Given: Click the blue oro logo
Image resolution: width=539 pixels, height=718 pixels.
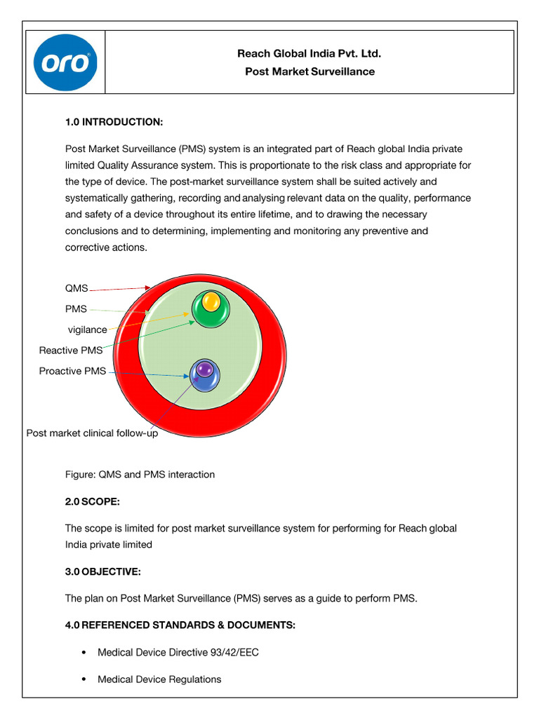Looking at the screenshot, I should tap(65, 62).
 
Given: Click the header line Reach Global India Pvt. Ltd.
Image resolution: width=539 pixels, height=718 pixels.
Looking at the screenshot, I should tap(310, 53).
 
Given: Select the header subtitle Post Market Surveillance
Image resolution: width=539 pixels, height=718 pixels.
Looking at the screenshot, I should tap(310, 72).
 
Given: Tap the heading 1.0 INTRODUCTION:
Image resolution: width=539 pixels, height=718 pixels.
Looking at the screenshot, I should tap(114, 123).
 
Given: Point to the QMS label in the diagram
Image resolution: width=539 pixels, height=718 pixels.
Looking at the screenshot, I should tap(76, 288).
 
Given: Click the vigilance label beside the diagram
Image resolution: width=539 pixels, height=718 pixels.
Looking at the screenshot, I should tap(88, 330).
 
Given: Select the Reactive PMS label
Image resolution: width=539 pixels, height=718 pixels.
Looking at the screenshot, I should tap(71, 350).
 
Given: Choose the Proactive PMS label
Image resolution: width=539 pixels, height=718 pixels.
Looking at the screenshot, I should tap(73, 371).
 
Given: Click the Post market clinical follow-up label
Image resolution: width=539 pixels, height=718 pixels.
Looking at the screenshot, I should tap(92, 433).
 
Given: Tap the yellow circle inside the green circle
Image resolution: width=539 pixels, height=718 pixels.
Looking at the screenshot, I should tap(211, 302).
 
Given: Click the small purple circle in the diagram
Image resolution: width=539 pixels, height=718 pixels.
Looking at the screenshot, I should tap(204, 368).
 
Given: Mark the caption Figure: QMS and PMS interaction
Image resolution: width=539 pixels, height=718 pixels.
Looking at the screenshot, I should tap(140, 475).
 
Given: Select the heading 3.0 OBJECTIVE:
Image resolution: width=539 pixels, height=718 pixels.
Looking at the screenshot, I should tap(103, 572).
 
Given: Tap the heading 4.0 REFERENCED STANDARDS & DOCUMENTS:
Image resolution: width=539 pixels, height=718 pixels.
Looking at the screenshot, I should tap(180, 625).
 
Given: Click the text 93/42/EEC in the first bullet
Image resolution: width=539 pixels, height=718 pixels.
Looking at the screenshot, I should tap(234, 653).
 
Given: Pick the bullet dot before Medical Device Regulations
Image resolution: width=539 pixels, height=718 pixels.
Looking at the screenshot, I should tap(84, 679).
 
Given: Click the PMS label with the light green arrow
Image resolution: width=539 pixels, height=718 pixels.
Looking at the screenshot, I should tap(76, 309).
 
